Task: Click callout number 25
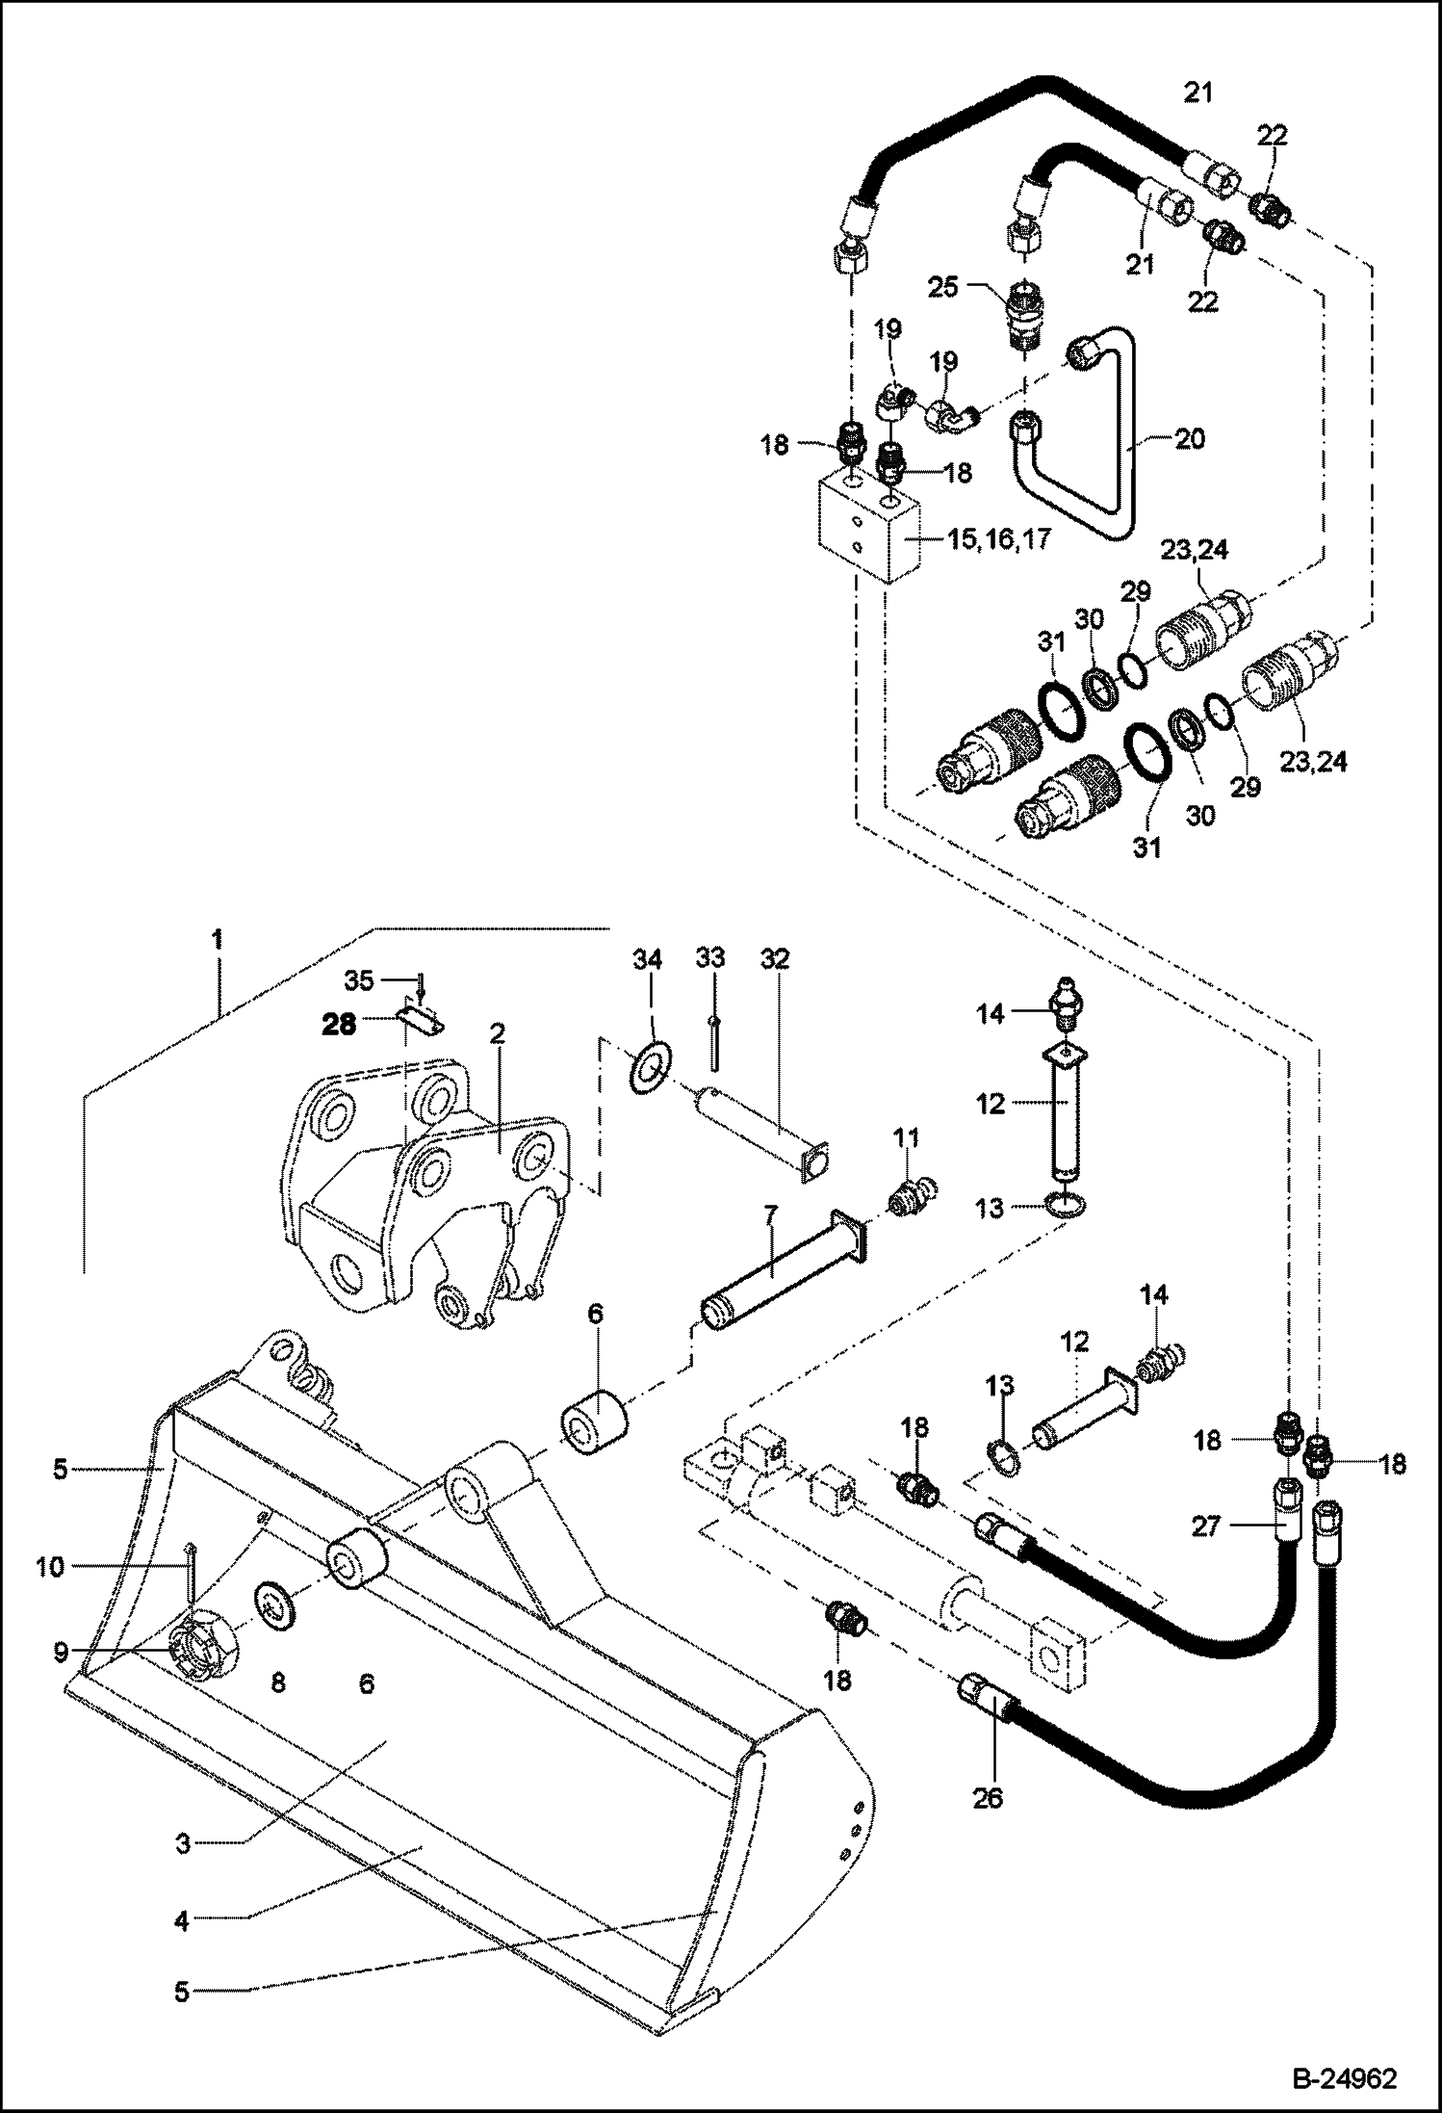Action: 943,286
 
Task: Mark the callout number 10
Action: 50,1567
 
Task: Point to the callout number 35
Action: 359,981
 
